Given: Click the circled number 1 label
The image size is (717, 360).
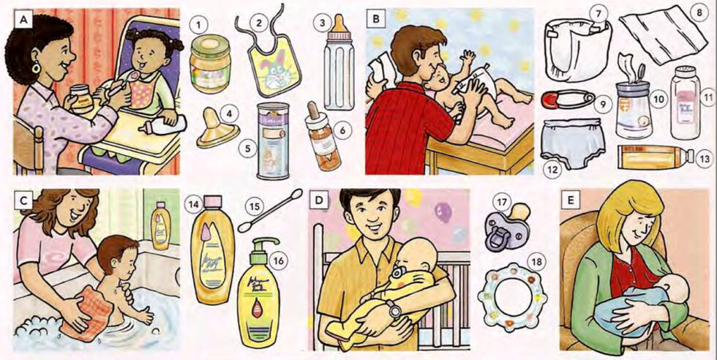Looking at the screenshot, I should click(195, 25).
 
